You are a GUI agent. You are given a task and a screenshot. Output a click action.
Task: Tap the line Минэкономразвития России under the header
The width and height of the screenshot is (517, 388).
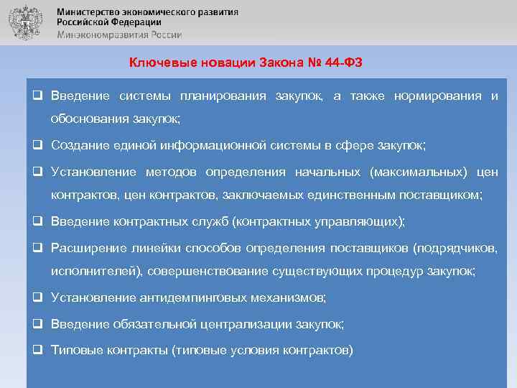tap(119, 34)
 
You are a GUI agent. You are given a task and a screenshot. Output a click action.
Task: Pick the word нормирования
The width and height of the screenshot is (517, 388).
tap(437, 96)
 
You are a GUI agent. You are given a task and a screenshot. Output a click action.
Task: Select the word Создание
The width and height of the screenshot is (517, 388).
tap(80, 145)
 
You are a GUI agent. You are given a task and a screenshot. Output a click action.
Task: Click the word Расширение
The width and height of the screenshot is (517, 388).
tap(85, 248)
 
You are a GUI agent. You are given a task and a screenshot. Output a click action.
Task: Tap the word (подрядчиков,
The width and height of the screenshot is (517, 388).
tap(455, 248)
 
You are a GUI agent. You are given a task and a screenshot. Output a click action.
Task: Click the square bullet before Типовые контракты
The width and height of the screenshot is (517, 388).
tap(36, 351)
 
